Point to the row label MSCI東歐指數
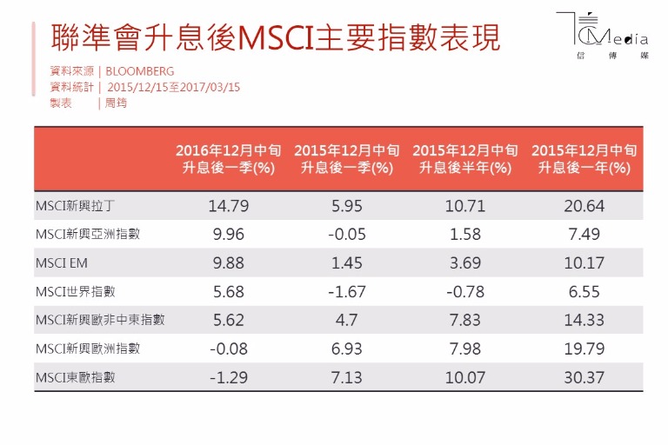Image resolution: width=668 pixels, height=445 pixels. click(76, 377)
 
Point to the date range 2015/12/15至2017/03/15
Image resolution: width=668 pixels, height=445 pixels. click(173, 87)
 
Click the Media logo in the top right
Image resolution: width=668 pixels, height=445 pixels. click(612, 39)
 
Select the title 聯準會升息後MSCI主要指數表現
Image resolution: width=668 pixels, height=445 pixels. click(277, 38)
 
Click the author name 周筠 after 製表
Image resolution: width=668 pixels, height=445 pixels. click(116, 103)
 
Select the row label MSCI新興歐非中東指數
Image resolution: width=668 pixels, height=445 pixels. click(100, 320)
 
